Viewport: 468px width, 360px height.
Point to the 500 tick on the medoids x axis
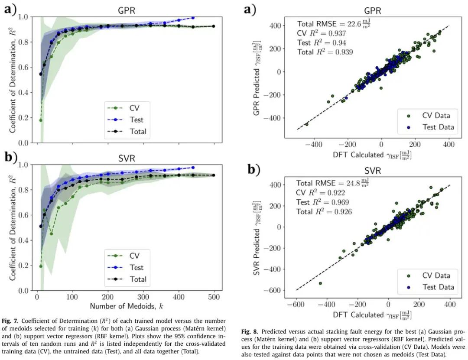click(x=213, y=298)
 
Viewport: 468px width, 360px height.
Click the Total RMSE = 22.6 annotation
click(x=334, y=24)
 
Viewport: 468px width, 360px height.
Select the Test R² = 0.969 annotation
click(x=323, y=202)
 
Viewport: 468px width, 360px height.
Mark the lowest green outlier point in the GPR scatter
click(x=307, y=124)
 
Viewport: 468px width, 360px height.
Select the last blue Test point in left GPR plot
click(x=192, y=18)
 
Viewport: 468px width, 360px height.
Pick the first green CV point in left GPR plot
click(x=41, y=120)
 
